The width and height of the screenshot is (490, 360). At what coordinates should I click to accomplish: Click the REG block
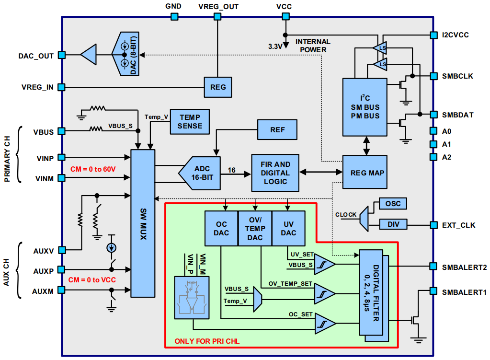[x=218, y=88]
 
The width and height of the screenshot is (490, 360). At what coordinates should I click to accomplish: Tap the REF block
[x=277, y=129]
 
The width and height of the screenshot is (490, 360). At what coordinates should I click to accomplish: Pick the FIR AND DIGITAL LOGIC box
[x=275, y=173]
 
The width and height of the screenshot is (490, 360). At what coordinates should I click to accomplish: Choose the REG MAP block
[x=364, y=173]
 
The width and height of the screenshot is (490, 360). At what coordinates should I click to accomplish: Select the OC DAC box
[x=221, y=229]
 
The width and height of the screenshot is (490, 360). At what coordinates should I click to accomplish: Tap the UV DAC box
[x=289, y=229]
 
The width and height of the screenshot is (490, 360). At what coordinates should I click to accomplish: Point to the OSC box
[x=392, y=204]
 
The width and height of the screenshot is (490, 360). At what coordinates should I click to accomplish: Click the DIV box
[x=392, y=224]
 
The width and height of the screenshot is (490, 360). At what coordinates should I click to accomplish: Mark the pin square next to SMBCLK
[x=433, y=76]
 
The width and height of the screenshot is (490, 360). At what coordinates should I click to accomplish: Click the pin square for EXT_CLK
[x=433, y=224]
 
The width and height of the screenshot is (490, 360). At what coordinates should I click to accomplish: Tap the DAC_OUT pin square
[x=61, y=56]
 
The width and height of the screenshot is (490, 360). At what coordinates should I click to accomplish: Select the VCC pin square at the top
[x=285, y=16]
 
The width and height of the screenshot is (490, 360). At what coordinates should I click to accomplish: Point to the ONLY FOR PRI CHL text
[x=207, y=341]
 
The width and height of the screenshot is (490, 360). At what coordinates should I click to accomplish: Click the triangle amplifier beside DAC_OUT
[x=89, y=56]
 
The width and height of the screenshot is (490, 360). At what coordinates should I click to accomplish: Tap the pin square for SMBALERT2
[x=433, y=266]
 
